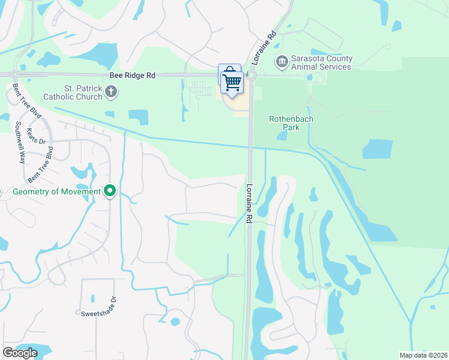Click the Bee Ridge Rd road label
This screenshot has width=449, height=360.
pyautogui.click(x=132, y=76)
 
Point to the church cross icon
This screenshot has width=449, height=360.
pyautogui.click(x=110, y=92)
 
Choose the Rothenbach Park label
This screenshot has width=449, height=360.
pyautogui.click(x=291, y=123)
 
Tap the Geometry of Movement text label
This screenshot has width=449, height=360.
pyautogui.click(x=56, y=191)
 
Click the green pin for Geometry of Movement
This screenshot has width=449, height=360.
pyautogui.click(x=110, y=191)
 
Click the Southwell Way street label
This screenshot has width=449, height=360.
pyautogui.click(x=21, y=143)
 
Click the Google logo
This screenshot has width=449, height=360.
pyautogui.click(x=20, y=353)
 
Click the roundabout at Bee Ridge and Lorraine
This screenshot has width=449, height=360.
pyautogui.click(x=252, y=76)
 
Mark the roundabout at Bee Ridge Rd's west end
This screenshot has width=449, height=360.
pyautogui.click(x=14, y=74)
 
